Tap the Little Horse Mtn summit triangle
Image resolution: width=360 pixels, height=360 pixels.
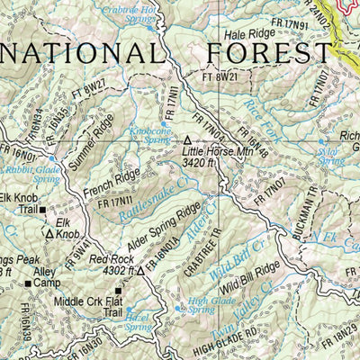187,141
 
